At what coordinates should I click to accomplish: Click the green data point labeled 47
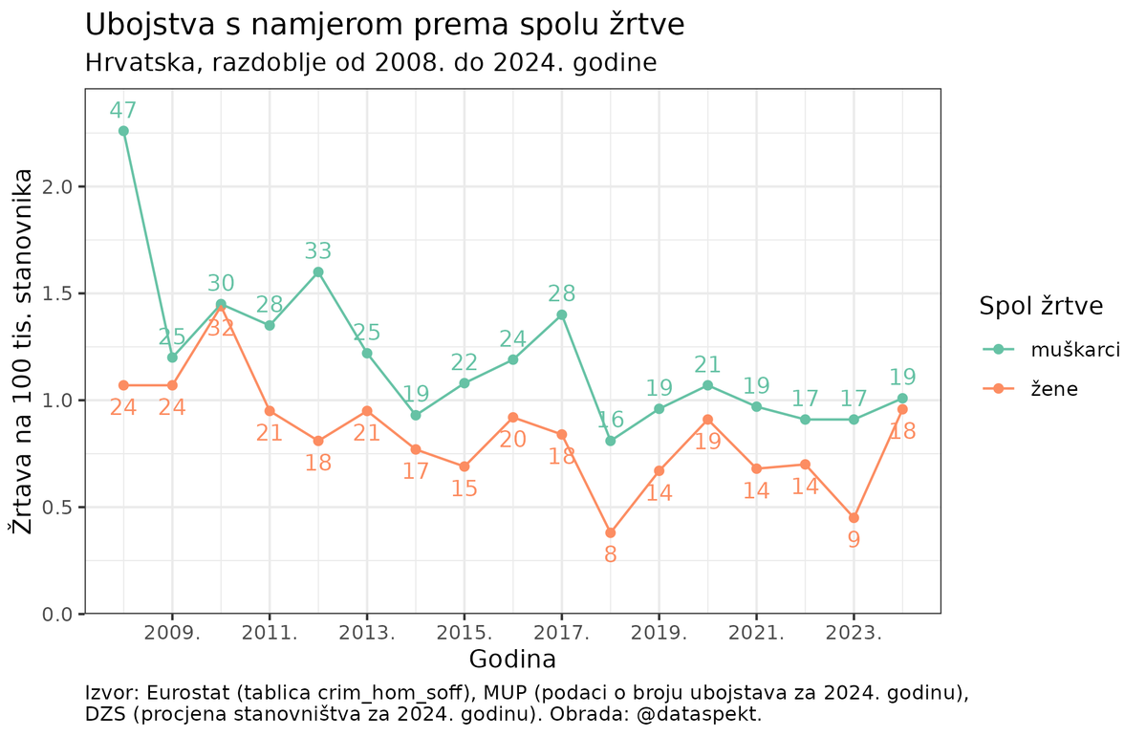click(x=123, y=131)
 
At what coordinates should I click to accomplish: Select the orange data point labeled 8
click(x=611, y=532)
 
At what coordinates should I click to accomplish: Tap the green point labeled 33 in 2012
click(x=318, y=271)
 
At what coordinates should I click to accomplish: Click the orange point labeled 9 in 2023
click(x=854, y=517)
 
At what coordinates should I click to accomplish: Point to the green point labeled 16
click(x=611, y=441)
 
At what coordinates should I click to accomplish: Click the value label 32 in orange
click(x=221, y=328)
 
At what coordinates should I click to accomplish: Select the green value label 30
click(x=221, y=283)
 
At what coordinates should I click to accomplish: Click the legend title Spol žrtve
click(x=1041, y=306)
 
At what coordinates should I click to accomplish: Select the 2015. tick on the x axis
click(x=464, y=633)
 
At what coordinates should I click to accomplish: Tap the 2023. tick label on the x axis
click(x=854, y=633)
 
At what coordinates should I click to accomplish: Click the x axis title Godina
click(x=512, y=660)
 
